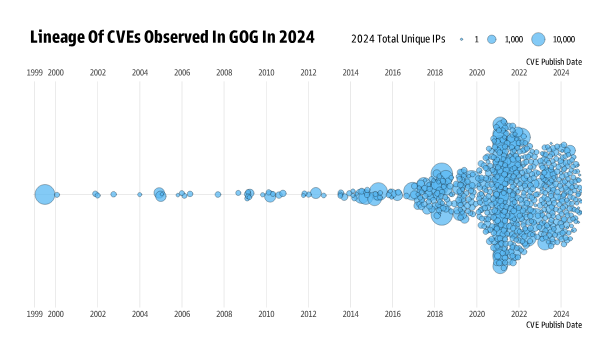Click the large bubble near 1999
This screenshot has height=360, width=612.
tap(44, 194)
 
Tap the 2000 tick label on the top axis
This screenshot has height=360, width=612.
tap(56, 73)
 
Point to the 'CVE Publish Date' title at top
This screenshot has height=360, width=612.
tap(553, 61)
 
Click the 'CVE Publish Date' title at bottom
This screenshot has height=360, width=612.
tap(553, 325)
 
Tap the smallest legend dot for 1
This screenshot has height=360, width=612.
tap(462, 39)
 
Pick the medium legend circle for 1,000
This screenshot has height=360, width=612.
tap(494, 39)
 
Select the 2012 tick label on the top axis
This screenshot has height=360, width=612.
tap(308, 73)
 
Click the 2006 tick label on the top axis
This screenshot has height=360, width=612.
tap(182, 73)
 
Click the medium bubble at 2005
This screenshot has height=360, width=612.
tap(160, 194)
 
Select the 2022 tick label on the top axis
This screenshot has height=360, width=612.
tap(519, 73)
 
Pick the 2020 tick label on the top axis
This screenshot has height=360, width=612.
tap(477, 73)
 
